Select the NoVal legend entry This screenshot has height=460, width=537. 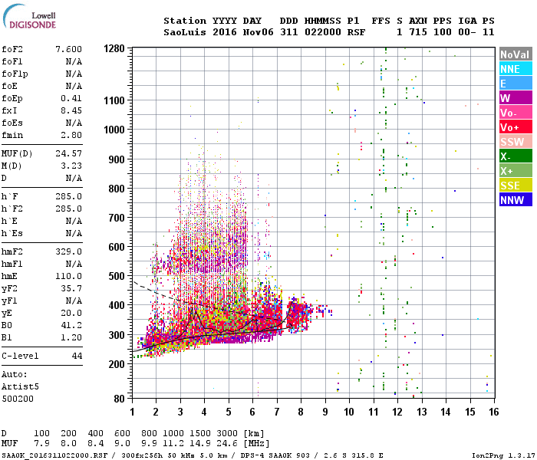tap(514, 54)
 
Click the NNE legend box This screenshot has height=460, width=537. tap(514, 69)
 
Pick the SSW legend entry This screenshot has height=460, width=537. tap(514, 142)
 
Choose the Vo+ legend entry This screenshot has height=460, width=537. tap(514, 127)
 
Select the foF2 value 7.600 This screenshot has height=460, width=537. tap(68, 49)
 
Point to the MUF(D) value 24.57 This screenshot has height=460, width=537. tap(68, 153)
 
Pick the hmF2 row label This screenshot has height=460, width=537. tap(14, 251)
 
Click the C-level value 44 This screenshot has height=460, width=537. tap(77, 356)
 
